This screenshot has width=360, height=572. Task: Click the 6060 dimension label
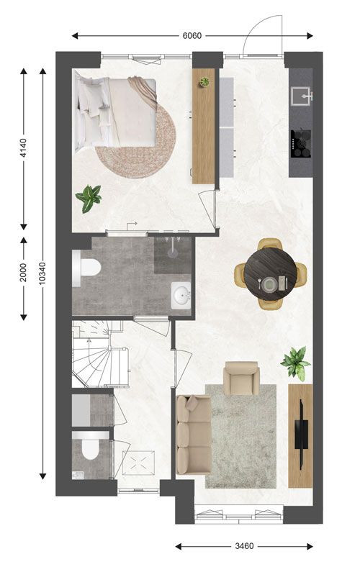coord(192,36)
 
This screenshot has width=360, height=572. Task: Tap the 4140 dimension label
coord(23,148)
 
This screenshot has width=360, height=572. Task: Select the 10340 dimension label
coord(42,273)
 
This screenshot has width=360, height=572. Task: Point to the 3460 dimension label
coord(244,546)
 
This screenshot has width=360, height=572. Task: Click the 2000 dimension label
coord(23,272)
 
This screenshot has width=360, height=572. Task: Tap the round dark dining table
coord(270,273)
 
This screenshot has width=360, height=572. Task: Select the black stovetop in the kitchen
coord(301,144)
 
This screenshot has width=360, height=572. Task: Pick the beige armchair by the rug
coord(241,378)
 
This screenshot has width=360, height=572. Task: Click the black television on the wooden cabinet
coord(302,434)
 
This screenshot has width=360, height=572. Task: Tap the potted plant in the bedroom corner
coord(89,198)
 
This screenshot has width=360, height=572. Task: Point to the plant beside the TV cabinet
coord(295,363)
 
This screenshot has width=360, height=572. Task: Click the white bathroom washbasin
coord(181,295)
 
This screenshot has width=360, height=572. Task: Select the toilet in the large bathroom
coord(86,268)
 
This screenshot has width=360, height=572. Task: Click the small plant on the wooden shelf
coord(204,82)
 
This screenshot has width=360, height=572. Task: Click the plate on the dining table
coord(270,283)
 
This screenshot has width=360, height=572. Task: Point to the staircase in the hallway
coord(99,354)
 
